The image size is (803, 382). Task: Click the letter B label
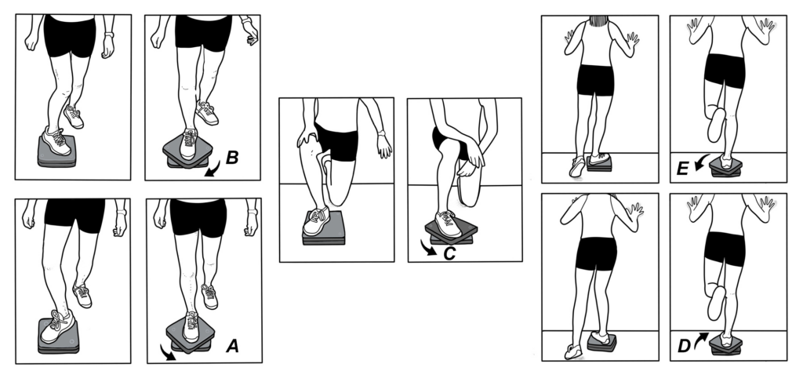[x=232, y=158]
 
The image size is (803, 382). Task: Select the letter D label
[x=685, y=342]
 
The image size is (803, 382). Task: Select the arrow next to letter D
[x=700, y=338]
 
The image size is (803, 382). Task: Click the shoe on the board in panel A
[x=191, y=325]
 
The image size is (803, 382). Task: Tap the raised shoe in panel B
[x=207, y=113]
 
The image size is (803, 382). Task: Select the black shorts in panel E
[x=724, y=69]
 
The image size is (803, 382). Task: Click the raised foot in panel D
[x=716, y=303]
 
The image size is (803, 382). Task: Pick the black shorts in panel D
[x=724, y=248]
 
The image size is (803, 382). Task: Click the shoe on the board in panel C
[x=448, y=223]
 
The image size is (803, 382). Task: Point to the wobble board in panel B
[x=188, y=153]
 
